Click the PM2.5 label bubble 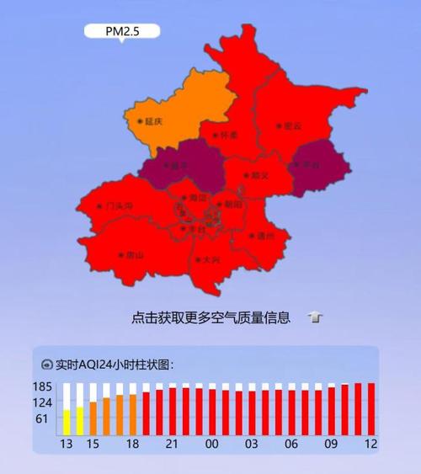pyautogui.click(x=121, y=31)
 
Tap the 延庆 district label pyautogui.click(x=152, y=121)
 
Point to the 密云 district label pyautogui.click(x=291, y=126)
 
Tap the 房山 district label pyautogui.click(x=134, y=254)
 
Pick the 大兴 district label pyautogui.click(x=210, y=260)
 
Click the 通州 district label pyautogui.click(x=264, y=237)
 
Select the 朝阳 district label pyautogui.click(x=232, y=204)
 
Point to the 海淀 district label pyautogui.click(x=197, y=198)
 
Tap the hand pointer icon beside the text pyautogui.click(x=314, y=318)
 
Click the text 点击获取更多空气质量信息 pyautogui.click(x=211, y=318)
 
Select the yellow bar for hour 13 pyautogui.click(x=67, y=422)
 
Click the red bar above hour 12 pyautogui.click(x=370, y=408)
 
